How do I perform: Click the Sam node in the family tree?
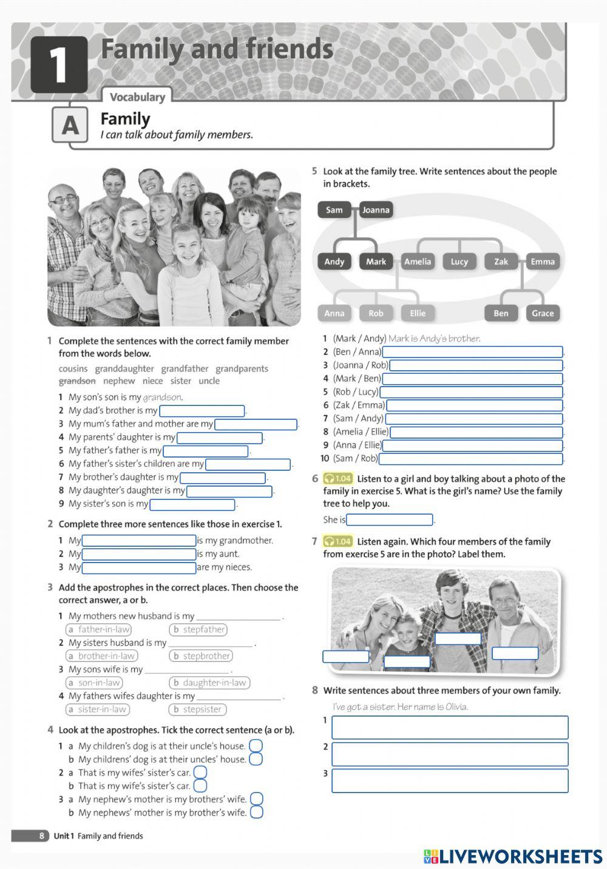(334, 210)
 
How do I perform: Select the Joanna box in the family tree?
(376, 210)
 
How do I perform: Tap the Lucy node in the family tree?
(459, 262)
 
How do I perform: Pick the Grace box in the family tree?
(542, 313)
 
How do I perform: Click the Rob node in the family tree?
(376, 313)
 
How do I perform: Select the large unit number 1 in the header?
(58, 64)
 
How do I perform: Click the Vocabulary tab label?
(137, 97)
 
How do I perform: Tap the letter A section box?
(70, 125)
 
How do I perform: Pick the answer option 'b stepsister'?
(197, 709)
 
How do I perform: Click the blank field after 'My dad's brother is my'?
(202, 411)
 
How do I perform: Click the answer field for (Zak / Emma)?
(474, 405)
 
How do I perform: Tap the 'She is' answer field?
(389, 520)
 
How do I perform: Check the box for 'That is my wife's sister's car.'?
(200, 786)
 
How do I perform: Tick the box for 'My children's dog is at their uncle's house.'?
(256, 746)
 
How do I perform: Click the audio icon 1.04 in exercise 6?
(337, 479)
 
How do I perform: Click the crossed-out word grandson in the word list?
(77, 381)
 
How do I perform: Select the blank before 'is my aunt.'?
(139, 554)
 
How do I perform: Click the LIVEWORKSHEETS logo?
(513, 856)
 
